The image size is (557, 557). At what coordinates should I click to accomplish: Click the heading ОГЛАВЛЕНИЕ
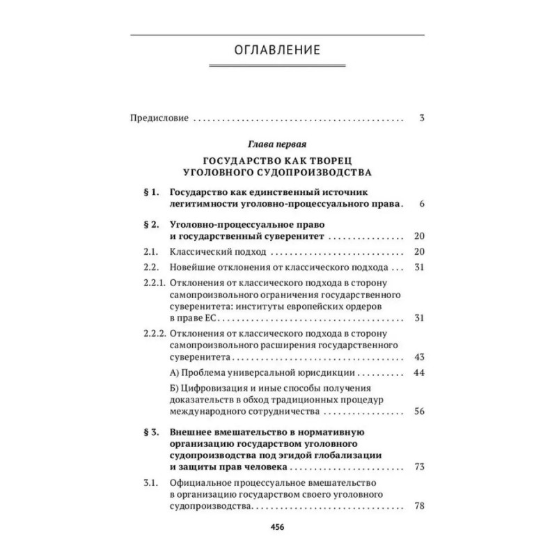[x=278, y=50]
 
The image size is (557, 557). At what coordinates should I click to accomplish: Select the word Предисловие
[x=159, y=118]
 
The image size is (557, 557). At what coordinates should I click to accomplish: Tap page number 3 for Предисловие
[x=422, y=118]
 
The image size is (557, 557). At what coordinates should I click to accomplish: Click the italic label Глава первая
[x=277, y=144]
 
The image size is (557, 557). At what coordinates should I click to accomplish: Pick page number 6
[x=422, y=204]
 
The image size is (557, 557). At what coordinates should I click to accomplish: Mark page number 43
[x=419, y=357]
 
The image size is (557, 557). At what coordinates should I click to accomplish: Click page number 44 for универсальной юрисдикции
[x=419, y=373]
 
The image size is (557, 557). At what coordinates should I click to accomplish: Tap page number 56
[x=419, y=412]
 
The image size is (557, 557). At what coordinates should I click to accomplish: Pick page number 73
[x=419, y=466]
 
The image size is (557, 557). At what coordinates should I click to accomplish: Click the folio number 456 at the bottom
[x=278, y=526]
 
